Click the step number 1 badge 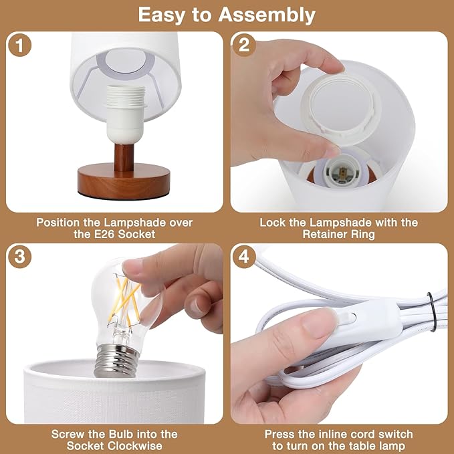pos(19,45)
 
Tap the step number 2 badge pos(244,45)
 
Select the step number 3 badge pos(19,257)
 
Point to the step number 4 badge pos(244,257)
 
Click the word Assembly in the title pos(267,15)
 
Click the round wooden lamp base pos(124,181)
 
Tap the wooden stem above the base pos(124,157)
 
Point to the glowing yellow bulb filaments pos(124,298)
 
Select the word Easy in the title pos(161,15)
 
